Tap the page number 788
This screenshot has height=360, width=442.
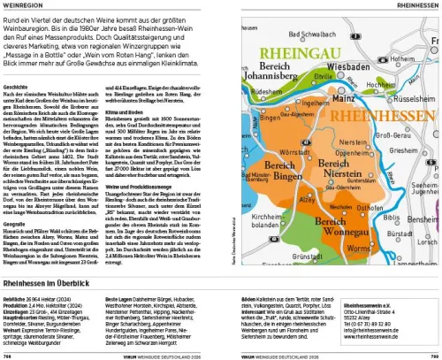point(8,354)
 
